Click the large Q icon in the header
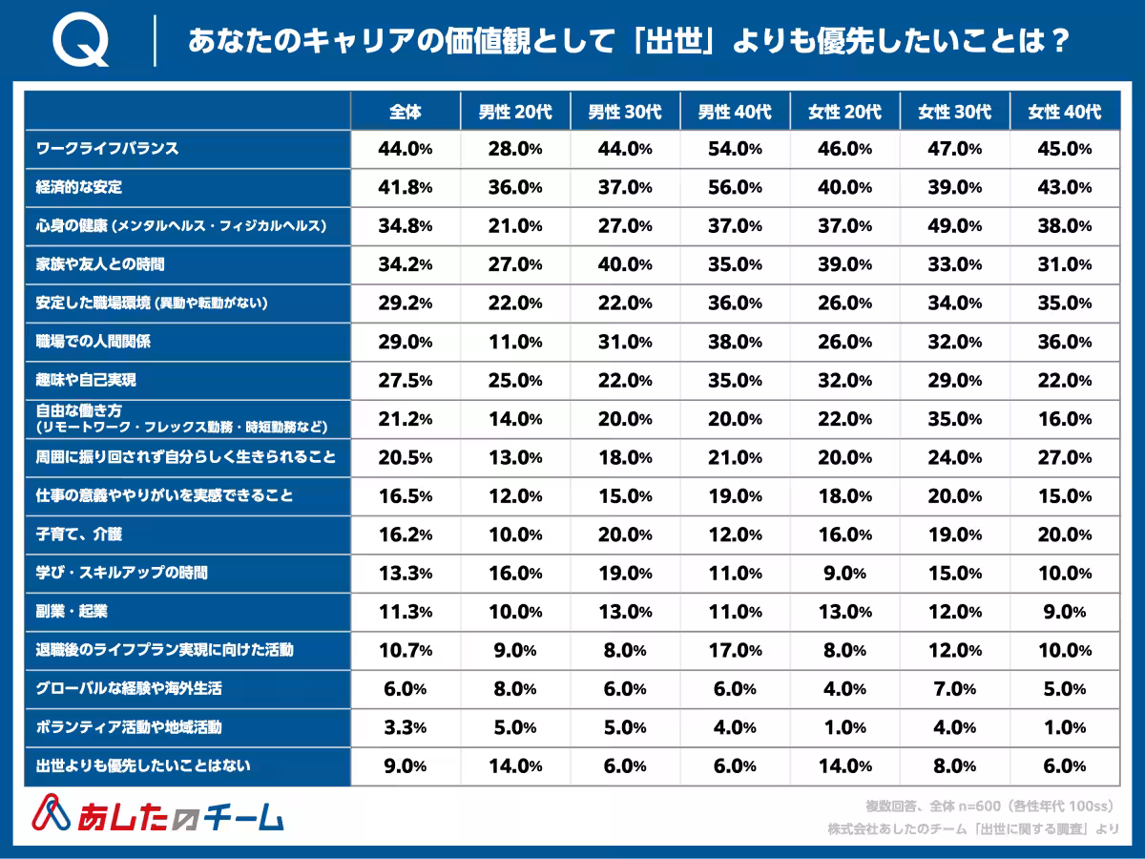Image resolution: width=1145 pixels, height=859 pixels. [x=81, y=43]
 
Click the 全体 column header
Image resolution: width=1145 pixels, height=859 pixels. [x=406, y=112]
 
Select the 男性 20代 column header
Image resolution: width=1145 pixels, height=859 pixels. [x=515, y=112]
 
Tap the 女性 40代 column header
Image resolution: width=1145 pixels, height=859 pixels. [x=1064, y=112]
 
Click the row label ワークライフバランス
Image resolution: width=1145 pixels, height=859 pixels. [x=107, y=149]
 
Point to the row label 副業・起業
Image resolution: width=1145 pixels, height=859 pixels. [x=73, y=611]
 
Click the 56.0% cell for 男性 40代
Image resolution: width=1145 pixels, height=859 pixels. [x=735, y=188]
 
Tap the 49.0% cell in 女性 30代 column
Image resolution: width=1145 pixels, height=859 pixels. [x=954, y=226]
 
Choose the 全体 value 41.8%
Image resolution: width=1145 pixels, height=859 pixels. [x=406, y=188]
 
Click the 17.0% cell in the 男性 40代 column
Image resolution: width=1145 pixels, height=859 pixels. [x=735, y=650]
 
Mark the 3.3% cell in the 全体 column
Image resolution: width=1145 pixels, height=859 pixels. [x=406, y=727]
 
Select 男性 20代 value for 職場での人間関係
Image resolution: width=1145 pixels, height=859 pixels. [x=515, y=342]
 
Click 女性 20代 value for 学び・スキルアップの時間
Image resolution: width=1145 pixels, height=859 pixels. [x=844, y=574]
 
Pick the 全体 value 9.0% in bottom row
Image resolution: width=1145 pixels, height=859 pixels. [x=406, y=765]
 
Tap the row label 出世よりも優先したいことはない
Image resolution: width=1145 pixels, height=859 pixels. [x=143, y=765]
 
